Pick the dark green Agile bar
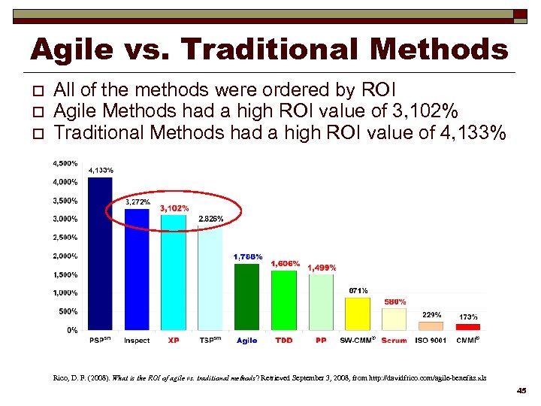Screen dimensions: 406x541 tap(246, 296)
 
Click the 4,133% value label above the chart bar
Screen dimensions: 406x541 tap(101, 171)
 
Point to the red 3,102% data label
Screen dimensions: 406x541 tap(174, 208)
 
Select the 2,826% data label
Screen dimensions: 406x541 tap(210, 219)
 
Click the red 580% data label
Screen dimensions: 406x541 tap(395, 301)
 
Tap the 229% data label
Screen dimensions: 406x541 tap(432, 315)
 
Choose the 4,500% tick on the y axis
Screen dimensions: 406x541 tap(64, 163)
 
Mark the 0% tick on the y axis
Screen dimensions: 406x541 tap(71, 330)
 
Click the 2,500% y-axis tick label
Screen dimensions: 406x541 tap(64, 238)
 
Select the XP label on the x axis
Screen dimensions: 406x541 tap(174, 341)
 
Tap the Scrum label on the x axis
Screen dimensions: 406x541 tap(394, 341)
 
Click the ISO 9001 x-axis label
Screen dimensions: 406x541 tap(431, 341)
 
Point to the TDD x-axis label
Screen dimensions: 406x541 tap(283, 341)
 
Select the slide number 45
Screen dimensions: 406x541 tap(521, 390)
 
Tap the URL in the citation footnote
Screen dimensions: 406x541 tap(428, 376)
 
